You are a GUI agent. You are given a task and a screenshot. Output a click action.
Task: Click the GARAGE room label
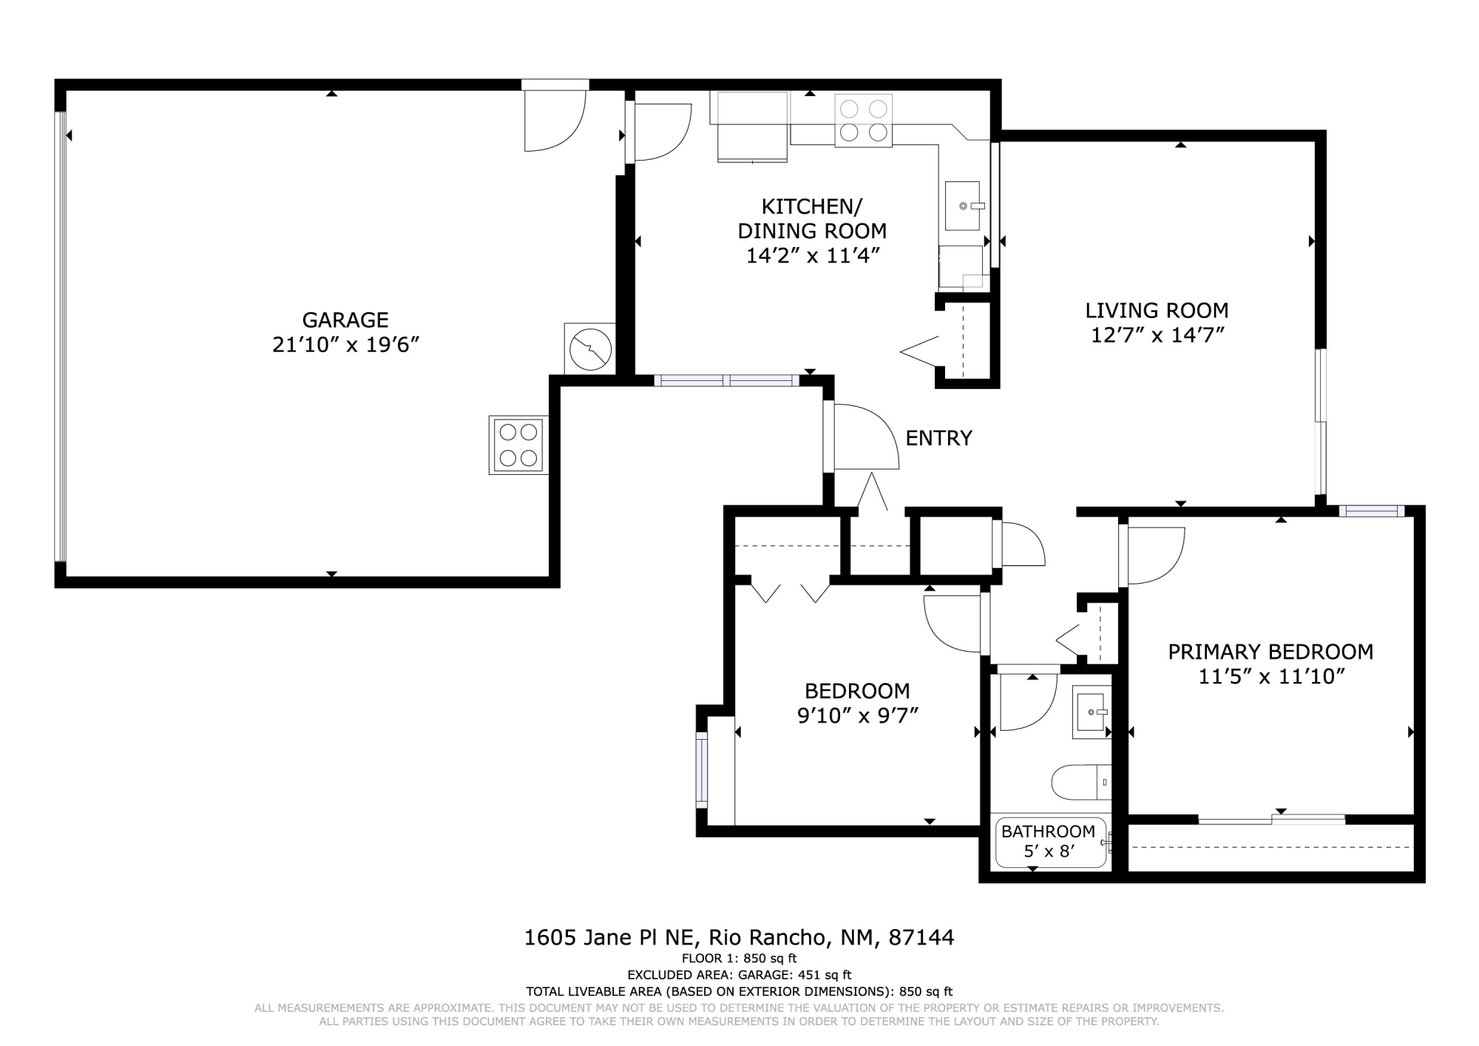[345, 320]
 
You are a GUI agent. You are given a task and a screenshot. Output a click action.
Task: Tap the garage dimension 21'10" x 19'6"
[346, 344]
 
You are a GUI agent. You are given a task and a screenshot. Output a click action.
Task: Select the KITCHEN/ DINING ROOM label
[812, 218]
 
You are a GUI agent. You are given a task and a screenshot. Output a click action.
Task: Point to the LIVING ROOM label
[1157, 310]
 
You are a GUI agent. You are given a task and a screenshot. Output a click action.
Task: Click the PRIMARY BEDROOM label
[1270, 652]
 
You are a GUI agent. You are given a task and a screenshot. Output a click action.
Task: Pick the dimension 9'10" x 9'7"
[858, 715]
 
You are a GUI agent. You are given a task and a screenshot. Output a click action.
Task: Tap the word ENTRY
[938, 438]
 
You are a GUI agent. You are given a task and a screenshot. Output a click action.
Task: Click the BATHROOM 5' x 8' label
[1048, 841]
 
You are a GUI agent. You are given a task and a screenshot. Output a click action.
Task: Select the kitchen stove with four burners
[864, 121]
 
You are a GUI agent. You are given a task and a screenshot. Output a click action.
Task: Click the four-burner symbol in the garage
[518, 445]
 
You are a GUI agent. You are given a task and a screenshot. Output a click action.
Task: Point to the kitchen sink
[963, 206]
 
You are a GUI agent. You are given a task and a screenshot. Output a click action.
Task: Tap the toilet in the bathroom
[1081, 783]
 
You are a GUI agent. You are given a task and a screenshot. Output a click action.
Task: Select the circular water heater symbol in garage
[590, 348]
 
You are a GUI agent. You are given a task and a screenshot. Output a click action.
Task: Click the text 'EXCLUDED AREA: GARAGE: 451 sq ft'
[739, 975]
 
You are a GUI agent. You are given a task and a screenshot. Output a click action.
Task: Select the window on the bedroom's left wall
[701, 769]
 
